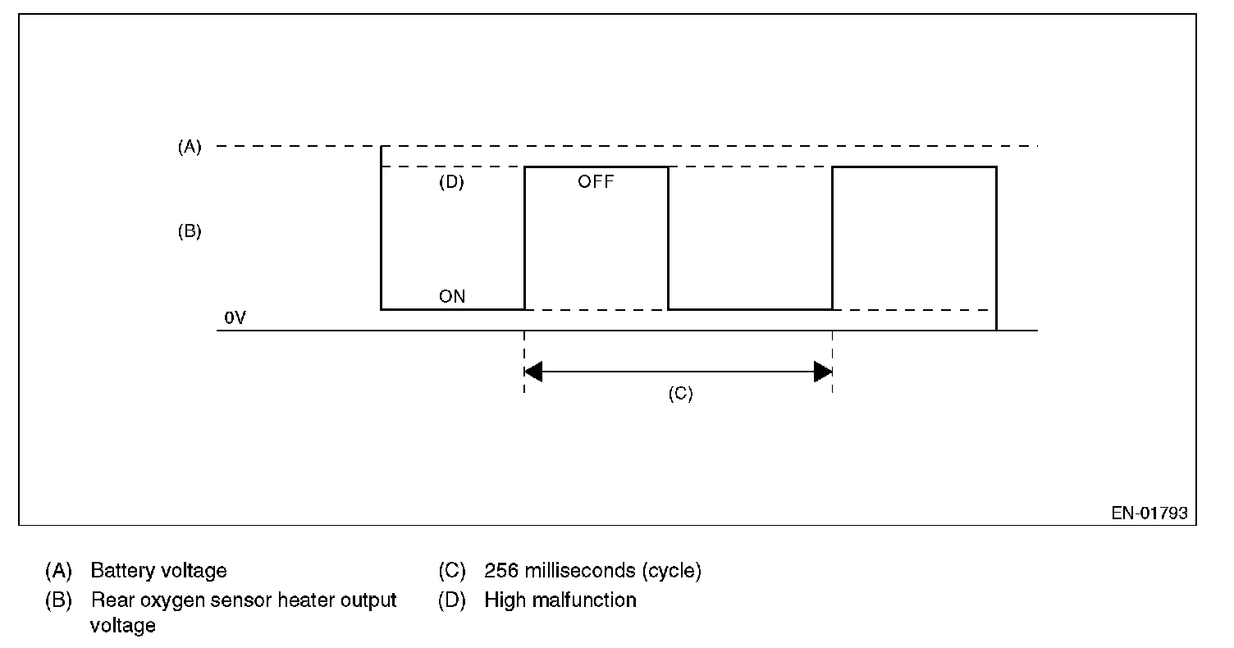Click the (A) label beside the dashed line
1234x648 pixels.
click(x=190, y=147)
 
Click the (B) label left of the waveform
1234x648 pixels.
click(x=190, y=231)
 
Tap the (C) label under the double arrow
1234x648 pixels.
click(x=680, y=394)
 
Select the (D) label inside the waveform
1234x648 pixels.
click(x=451, y=182)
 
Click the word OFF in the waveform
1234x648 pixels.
click(x=596, y=182)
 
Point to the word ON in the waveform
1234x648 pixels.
click(x=452, y=297)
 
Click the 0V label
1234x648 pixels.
click(x=235, y=317)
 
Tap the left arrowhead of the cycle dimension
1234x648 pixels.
click(x=533, y=372)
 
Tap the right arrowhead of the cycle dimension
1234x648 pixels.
click(x=823, y=372)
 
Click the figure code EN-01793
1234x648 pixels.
click(x=1149, y=513)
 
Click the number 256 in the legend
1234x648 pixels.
click(x=500, y=571)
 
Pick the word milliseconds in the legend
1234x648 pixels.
click(x=579, y=571)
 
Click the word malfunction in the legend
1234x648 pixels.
click(x=584, y=600)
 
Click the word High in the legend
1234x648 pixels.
click(x=503, y=600)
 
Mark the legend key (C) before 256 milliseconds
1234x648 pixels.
click(x=452, y=571)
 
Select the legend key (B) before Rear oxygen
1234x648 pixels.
click(x=58, y=600)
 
